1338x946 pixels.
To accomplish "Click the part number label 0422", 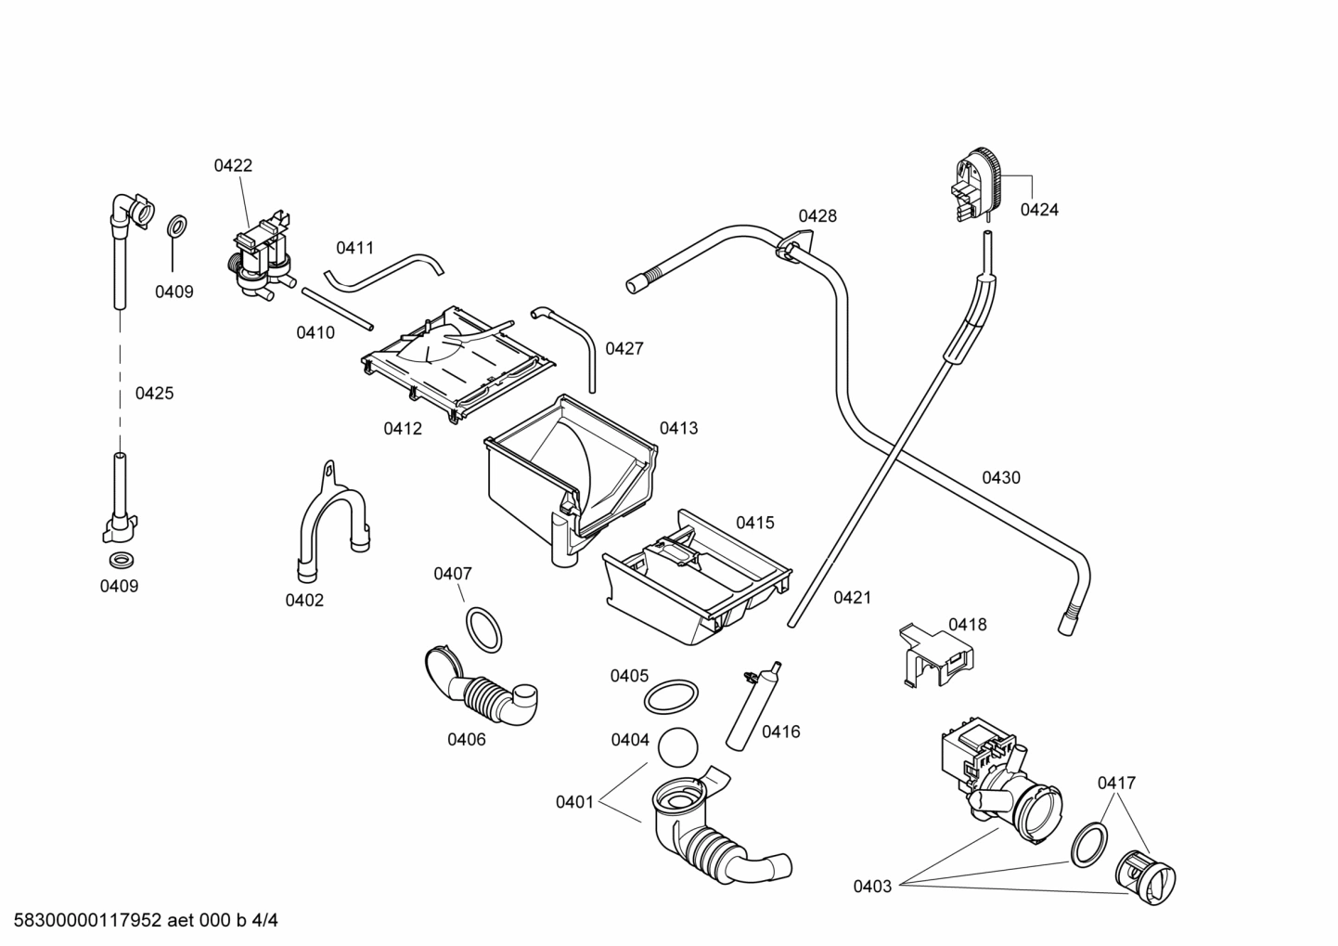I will point(233,166).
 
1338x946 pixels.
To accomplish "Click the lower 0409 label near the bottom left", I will point(119,587).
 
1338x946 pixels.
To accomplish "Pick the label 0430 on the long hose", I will point(1000,478).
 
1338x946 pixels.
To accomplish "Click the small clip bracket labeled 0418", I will point(935,654).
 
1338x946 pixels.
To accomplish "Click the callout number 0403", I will point(872,887).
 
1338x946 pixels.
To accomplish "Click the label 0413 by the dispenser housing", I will point(678,429).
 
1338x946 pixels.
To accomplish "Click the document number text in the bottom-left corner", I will point(139,921).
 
